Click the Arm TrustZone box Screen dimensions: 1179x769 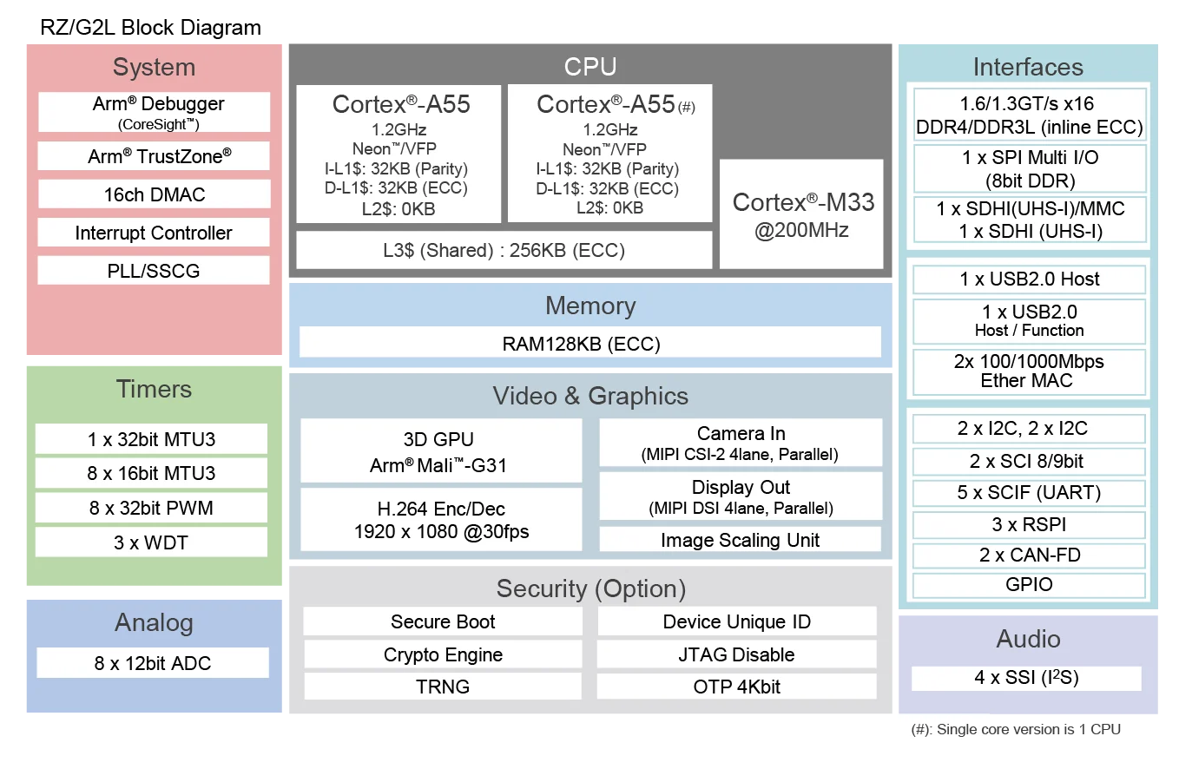[x=154, y=156]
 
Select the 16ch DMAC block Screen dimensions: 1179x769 [x=154, y=194]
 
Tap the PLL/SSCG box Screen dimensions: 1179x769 [x=154, y=271]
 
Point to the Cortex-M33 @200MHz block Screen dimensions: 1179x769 [x=801, y=214]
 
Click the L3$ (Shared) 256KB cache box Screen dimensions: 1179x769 [x=504, y=250]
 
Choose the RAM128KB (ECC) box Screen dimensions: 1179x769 [x=590, y=343]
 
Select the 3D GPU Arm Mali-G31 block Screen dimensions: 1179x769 [x=441, y=451]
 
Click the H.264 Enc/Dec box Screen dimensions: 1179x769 [x=441, y=520]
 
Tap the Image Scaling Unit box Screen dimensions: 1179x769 [x=740, y=540]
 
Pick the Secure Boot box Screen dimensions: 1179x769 [x=443, y=621]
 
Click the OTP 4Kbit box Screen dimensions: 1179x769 [x=736, y=686]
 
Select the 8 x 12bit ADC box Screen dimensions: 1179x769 [x=153, y=663]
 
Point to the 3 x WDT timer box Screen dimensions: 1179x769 [x=151, y=542]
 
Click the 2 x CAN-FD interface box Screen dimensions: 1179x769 [x=1029, y=555]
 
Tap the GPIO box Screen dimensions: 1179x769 [x=1029, y=585]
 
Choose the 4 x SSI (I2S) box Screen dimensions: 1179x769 [x=1026, y=678]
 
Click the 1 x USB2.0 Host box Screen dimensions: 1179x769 [x=1029, y=279]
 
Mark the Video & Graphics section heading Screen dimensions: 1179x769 [x=590, y=396]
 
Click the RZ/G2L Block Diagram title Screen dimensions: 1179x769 [x=150, y=28]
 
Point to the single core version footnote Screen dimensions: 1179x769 [x=1016, y=729]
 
